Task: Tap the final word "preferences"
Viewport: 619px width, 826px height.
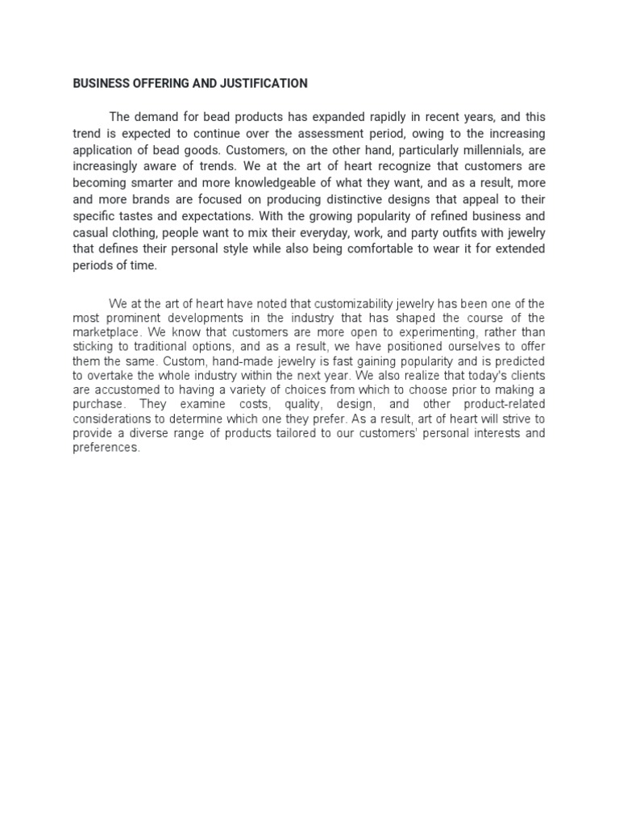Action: [x=106, y=447]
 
